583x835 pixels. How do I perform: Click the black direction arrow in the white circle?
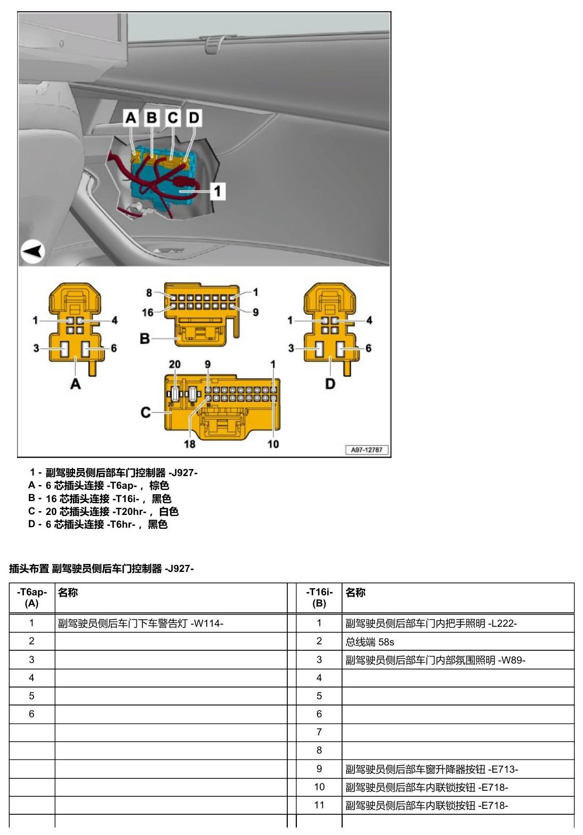point(34,251)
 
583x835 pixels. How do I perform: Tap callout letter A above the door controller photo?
point(131,118)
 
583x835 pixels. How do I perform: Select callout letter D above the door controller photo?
point(194,118)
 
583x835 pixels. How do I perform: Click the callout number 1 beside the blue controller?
point(217,191)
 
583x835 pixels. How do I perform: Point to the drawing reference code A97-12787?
point(367,450)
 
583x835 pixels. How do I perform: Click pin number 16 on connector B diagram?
point(148,313)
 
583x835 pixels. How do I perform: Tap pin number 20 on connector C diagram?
point(175,364)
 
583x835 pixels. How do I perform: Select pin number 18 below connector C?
point(190,444)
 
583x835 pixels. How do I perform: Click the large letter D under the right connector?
point(330,383)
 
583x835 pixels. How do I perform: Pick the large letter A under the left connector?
point(75,383)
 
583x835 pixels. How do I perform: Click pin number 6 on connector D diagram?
point(369,348)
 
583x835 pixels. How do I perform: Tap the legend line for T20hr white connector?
point(103,511)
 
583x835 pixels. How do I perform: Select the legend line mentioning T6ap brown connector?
point(99,485)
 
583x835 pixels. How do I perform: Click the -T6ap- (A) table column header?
point(31,597)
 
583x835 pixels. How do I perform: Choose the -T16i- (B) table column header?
point(319,597)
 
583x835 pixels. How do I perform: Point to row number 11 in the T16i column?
point(319,805)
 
